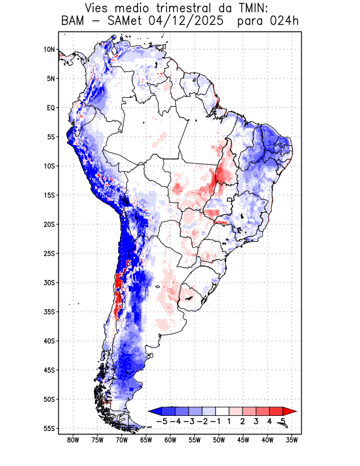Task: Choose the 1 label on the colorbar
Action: (230, 421)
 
